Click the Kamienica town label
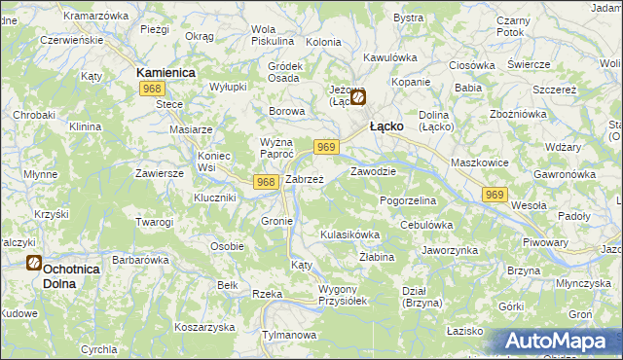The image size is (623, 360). point(166,73)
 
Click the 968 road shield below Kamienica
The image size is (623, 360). point(150,89)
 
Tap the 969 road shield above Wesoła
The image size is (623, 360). point(495,195)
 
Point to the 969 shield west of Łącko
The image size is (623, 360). point(326,146)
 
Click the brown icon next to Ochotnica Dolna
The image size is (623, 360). point(33,262)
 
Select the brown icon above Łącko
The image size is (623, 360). point(359,97)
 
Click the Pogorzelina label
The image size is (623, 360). point(408,199)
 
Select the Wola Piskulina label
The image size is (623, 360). point(273,35)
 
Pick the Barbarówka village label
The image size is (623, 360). point(141,260)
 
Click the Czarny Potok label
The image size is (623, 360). point(513,26)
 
